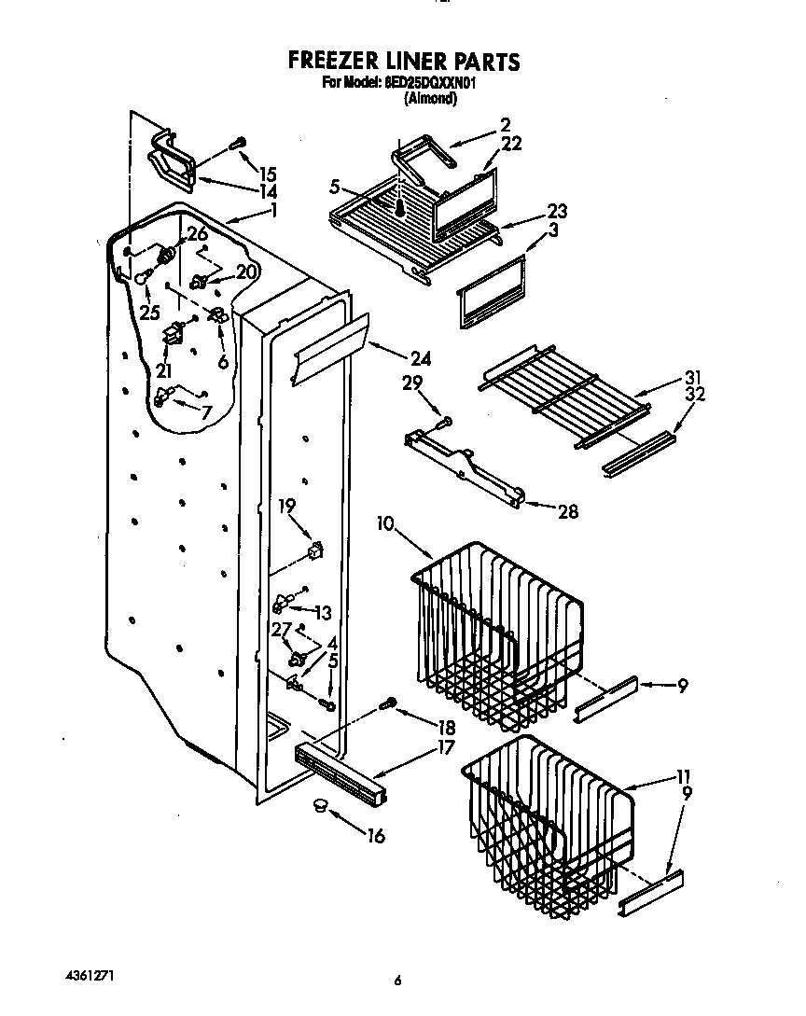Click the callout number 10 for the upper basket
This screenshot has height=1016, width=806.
pos(386,523)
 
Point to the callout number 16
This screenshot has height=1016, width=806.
pos(375,836)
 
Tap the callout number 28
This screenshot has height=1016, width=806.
pos(566,510)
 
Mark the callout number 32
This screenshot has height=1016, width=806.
pos(694,395)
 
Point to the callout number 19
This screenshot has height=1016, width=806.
pos(286,506)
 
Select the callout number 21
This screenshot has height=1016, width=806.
pos(164,371)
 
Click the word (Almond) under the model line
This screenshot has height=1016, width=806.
pos(430,98)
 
